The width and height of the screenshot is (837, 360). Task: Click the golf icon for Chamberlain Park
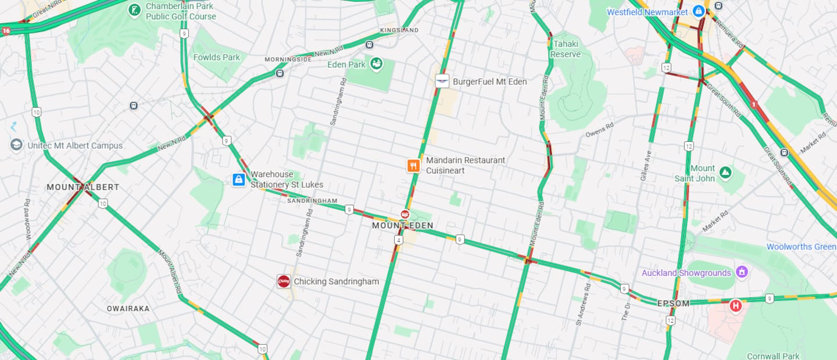[135, 10]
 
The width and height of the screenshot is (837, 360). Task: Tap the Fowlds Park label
[216, 57]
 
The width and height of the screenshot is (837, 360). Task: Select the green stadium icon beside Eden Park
[377, 63]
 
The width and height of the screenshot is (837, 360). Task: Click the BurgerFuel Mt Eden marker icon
[442, 81]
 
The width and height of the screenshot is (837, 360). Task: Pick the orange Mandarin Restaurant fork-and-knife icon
[413, 166]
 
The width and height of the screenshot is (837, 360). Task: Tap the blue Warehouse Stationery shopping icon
[238, 180]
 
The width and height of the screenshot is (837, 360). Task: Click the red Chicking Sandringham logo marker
[284, 281]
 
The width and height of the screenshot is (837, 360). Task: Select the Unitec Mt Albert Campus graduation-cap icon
[16, 145]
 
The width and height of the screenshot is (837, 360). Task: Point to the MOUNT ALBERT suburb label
[83, 187]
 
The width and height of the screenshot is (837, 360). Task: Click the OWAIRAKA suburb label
[128, 309]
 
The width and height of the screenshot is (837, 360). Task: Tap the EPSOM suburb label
[673, 303]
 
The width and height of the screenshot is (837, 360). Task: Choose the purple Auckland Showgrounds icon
[741, 272]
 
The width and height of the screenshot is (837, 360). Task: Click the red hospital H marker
[736, 305]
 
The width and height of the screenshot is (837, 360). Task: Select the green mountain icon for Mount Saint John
[725, 173]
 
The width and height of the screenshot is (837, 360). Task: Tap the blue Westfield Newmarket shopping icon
[699, 12]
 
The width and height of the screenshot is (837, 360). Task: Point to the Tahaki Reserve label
[566, 49]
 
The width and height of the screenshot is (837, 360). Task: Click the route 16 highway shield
[5, 31]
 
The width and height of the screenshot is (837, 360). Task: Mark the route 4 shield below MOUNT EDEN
[398, 240]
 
